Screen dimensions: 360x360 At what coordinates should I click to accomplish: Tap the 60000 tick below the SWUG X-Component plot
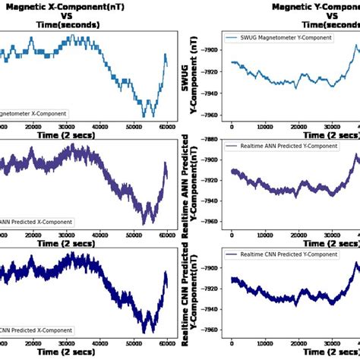click(166, 127)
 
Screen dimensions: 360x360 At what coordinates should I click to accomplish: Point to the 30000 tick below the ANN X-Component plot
click(67, 235)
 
